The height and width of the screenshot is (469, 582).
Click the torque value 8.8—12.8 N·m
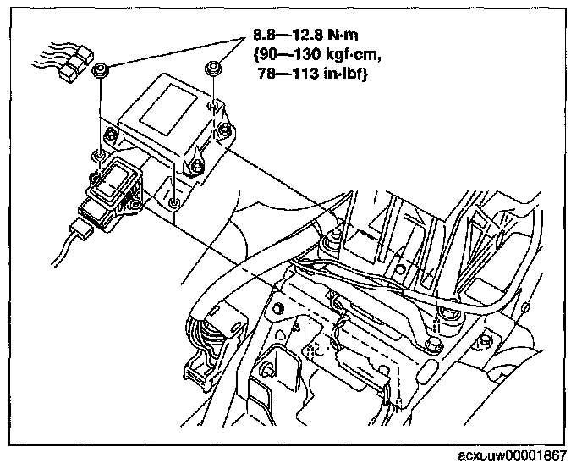[311, 37]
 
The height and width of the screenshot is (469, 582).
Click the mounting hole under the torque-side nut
[214, 106]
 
